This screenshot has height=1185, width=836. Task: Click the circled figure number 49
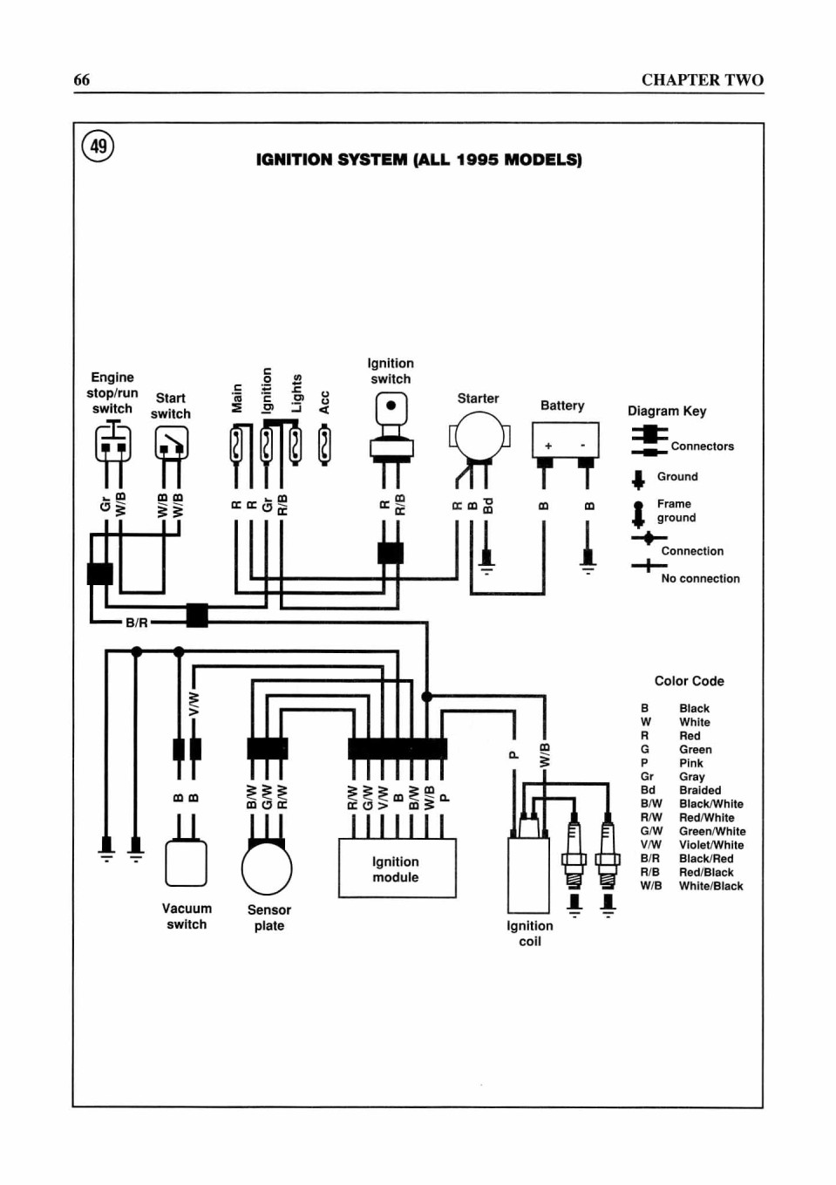(99, 146)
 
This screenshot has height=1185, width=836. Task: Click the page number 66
(81, 80)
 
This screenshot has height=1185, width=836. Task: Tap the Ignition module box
(398, 868)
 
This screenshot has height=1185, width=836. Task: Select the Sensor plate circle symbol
(267, 868)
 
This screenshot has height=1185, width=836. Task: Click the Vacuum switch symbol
(186, 863)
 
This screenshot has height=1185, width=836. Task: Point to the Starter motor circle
(479, 436)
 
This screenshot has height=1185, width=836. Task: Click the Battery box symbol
(565, 439)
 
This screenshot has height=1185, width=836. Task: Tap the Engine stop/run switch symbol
(112, 442)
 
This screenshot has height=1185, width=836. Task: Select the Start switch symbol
(172, 443)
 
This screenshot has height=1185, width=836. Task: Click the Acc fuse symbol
(324, 446)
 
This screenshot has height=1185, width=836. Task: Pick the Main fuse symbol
(236, 446)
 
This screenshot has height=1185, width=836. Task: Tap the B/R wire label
(136, 623)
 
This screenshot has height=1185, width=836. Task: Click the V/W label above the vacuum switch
(194, 705)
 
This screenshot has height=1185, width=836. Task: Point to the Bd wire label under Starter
(488, 505)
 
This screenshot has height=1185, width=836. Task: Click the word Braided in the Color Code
(700, 790)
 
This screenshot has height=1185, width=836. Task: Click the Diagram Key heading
(667, 411)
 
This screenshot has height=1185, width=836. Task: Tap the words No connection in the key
(700, 578)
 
